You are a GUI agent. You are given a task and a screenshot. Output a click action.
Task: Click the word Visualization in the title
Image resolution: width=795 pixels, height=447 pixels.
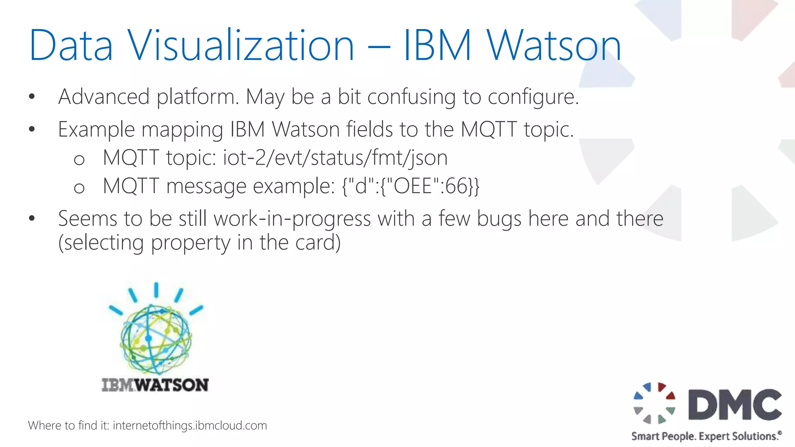click(241, 45)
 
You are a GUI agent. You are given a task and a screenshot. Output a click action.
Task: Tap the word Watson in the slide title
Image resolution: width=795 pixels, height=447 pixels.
click(554, 45)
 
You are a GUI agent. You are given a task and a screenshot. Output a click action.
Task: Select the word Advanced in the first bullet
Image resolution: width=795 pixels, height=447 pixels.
click(104, 97)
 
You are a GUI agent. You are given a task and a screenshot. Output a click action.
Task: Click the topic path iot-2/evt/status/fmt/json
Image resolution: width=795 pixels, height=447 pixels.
click(335, 158)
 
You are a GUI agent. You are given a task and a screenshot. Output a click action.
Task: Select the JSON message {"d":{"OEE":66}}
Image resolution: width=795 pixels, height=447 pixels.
click(411, 186)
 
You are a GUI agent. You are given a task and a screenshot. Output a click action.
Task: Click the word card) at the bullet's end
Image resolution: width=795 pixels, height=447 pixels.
click(318, 243)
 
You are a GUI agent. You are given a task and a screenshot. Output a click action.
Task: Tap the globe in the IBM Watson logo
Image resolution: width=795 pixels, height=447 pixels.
click(156, 339)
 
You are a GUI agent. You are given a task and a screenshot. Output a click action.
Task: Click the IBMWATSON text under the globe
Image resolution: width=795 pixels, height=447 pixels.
click(155, 385)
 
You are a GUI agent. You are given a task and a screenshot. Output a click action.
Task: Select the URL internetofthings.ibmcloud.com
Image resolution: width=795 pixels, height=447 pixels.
click(190, 426)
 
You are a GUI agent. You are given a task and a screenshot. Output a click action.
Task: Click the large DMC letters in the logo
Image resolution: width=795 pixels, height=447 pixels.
click(735, 405)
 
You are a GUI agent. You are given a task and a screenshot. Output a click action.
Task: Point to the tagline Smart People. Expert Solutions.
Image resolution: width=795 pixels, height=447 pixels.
click(706, 436)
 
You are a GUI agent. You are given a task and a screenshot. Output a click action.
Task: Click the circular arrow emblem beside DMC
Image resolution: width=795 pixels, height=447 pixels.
click(654, 403)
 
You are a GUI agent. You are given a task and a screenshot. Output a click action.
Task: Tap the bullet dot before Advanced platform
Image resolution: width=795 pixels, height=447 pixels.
click(32, 97)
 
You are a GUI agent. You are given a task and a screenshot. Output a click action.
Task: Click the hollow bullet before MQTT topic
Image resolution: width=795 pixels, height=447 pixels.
click(79, 159)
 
